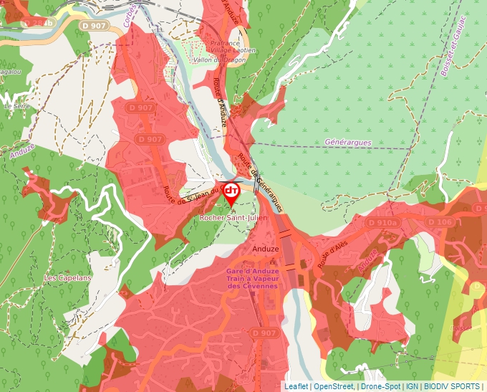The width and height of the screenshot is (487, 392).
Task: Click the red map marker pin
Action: pyautogui.click(x=231, y=193)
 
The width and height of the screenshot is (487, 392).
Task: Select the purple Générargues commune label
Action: pyautogui.click(x=348, y=143)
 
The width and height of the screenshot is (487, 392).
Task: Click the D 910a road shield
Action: pyautogui.click(x=382, y=223)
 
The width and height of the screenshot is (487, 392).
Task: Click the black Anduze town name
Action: pyautogui.click(x=266, y=249)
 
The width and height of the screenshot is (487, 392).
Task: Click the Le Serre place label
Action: pyautogui.click(x=15, y=105)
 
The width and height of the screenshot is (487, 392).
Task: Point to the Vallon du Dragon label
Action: pyautogui.click(x=219, y=60)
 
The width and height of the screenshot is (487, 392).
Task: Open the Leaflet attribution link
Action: pyautogui.click(x=296, y=386)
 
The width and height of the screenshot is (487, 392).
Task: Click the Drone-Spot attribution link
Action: pyautogui.click(x=380, y=386)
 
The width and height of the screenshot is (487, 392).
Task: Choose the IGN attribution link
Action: pyautogui.click(x=412, y=386)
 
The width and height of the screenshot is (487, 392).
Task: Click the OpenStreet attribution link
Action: pyautogui.click(x=333, y=386)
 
